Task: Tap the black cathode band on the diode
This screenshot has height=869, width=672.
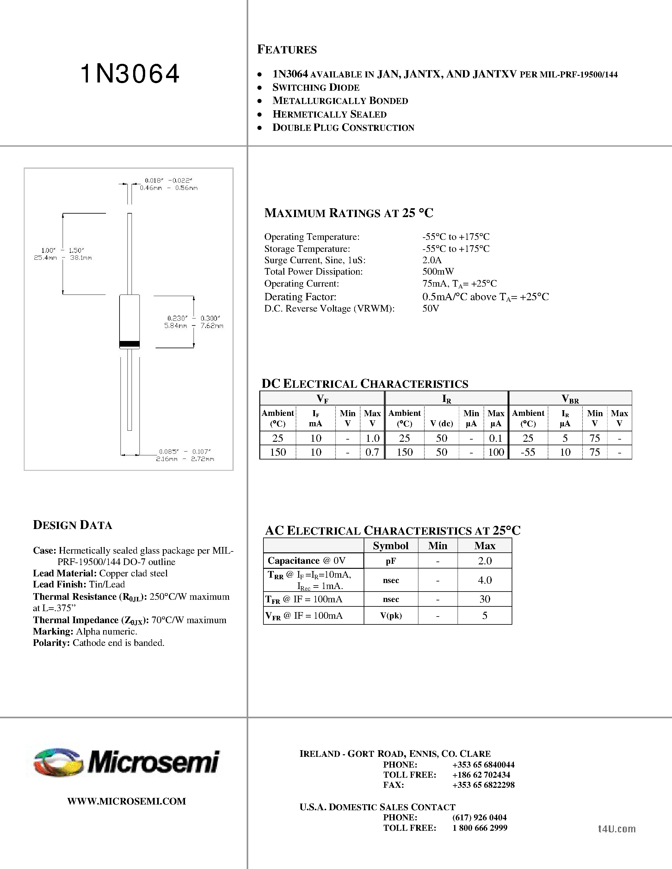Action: tap(130, 344)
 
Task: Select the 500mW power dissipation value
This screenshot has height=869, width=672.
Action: tap(438, 272)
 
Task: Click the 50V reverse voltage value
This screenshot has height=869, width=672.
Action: tap(430, 308)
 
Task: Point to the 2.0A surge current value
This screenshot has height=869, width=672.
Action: tap(432, 260)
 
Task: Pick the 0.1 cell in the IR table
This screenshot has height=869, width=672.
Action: tap(496, 438)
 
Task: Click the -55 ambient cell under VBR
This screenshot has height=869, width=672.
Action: tap(528, 452)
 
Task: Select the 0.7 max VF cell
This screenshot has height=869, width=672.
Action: tap(372, 452)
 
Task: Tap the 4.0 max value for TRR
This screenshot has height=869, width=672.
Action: tap(484, 580)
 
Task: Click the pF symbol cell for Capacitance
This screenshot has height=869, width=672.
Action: tap(391, 561)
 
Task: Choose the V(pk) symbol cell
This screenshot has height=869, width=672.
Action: tap(391, 616)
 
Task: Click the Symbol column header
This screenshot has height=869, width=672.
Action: tap(391, 545)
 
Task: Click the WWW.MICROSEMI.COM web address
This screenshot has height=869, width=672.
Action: tap(126, 801)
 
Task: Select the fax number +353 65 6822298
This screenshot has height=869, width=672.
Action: tap(483, 785)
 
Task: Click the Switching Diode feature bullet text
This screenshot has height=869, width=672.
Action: tap(316, 88)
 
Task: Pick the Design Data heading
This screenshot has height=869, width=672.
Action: tap(72, 525)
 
